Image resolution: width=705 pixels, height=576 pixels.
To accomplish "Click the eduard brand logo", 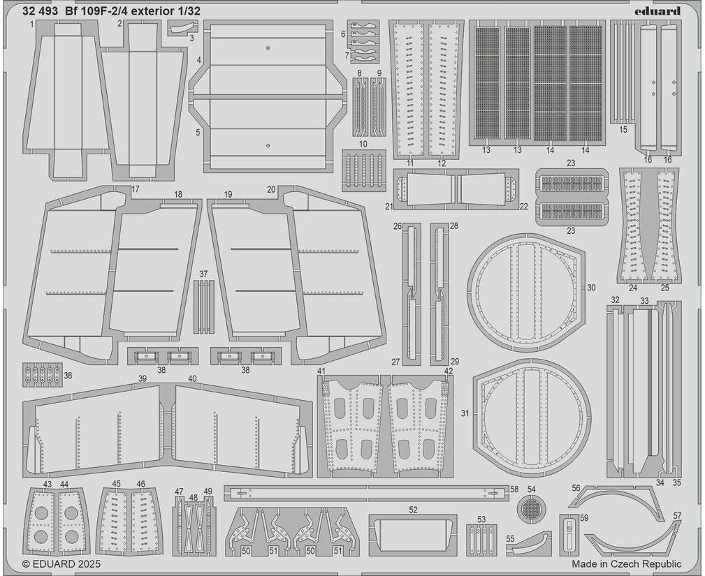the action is [x=657, y=10].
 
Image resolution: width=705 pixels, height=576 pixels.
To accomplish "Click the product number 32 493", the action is [x=40, y=11].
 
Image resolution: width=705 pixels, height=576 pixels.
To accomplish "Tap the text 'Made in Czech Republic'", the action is [x=626, y=564].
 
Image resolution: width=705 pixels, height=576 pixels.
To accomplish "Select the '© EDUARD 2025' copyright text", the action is [x=61, y=564].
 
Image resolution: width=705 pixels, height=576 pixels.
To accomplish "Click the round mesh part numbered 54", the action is [x=531, y=509].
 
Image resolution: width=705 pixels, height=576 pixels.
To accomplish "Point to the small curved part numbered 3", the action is [x=178, y=29].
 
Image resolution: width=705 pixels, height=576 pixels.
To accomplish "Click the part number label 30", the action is [x=591, y=288].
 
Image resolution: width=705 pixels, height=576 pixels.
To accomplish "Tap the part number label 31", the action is [x=465, y=413].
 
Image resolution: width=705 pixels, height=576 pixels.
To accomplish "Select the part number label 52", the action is [x=413, y=510].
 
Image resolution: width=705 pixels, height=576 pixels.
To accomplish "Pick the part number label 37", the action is [x=203, y=274].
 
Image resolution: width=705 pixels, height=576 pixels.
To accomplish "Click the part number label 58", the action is [x=514, y=489].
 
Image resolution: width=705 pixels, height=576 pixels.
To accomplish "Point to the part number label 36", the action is [x=68, y=375].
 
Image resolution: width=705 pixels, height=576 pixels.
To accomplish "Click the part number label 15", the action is [x=623, y=129].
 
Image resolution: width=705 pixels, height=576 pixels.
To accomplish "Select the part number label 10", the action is [x=363, y=144].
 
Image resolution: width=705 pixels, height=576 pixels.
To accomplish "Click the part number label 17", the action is [x=136, y=190].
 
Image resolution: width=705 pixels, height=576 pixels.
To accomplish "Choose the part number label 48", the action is [x=194, y=497].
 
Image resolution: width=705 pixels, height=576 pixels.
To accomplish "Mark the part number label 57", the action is [x=676, y=515].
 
